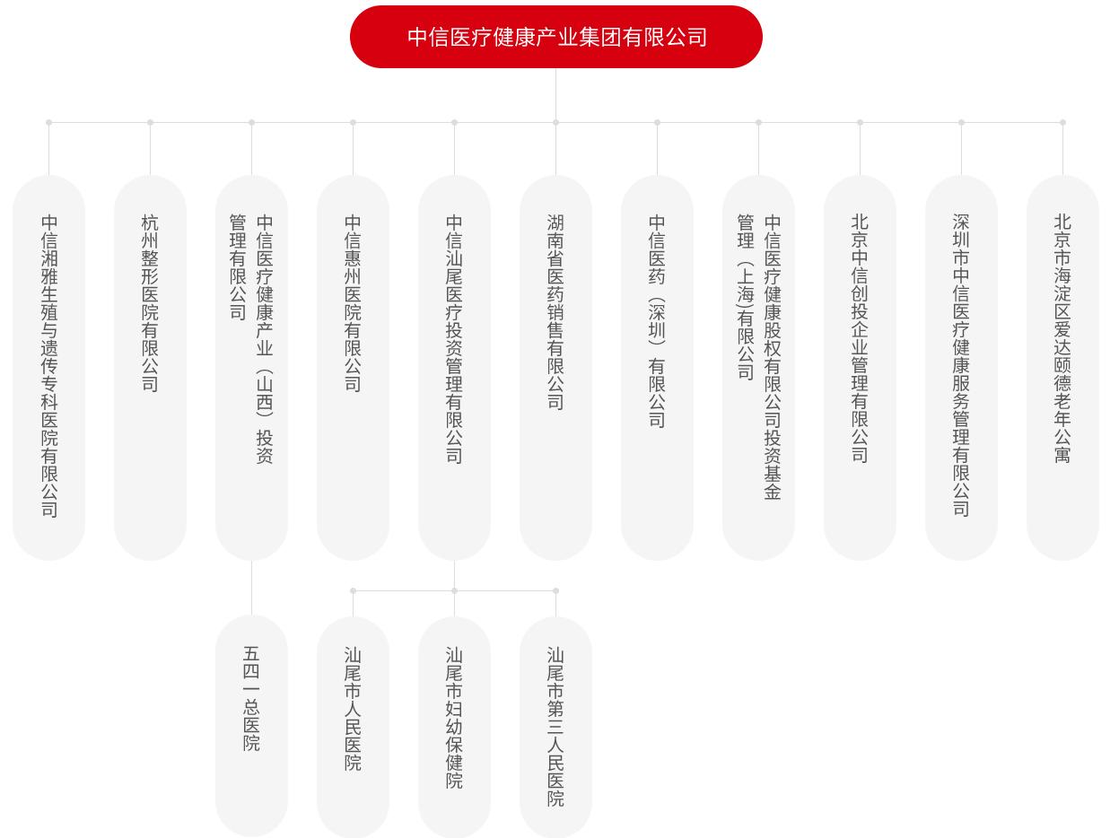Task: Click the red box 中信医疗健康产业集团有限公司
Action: pos(555,37)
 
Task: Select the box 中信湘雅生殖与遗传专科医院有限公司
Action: pos(48,367)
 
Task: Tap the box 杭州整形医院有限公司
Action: pos(150,367)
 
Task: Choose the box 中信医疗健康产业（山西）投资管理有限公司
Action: pos(251,367)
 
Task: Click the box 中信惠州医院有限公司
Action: pos(353,367)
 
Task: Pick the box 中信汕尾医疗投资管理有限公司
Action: pos(454,367)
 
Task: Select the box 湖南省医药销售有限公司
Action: pos(555,367)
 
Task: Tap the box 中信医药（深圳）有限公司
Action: pos(657,367)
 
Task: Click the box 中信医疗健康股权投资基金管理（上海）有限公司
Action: pos(758,367)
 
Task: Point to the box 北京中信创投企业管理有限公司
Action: pos(860,367)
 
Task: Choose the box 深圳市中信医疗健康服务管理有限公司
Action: pos(961,367)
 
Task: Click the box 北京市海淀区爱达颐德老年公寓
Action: pos(1062,367)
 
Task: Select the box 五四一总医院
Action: pos(251,725)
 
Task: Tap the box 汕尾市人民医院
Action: pos(353,725)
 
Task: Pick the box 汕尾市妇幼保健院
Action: pos(454,725)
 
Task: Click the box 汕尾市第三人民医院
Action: pos(555,725)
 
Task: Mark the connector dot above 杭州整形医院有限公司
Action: pos(150,123)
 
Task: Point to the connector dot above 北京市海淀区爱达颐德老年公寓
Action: pos(1062,123)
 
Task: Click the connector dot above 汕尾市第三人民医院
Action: pos(555,591)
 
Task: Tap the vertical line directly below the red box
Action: pos(555,93)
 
